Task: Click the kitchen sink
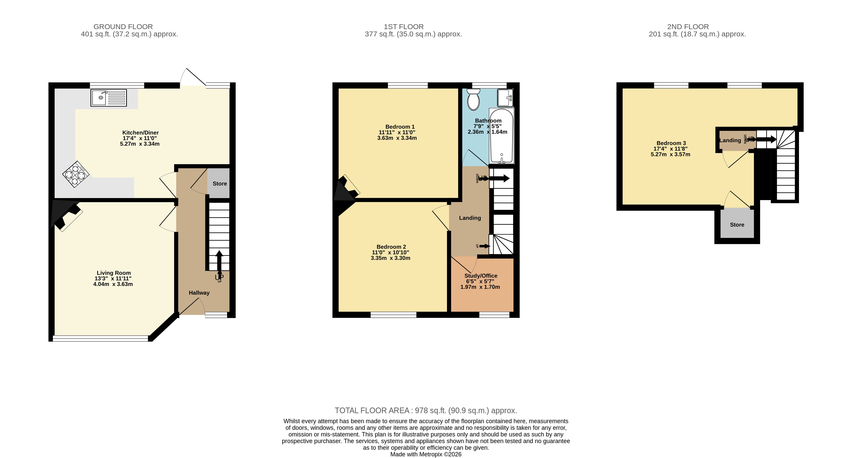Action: (109, 98)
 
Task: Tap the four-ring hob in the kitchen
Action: (76, 174)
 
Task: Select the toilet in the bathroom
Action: (473, 99)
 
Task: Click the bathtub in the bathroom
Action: (502, 136)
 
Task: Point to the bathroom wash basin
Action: (505, 98)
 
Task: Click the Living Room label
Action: (113, 273)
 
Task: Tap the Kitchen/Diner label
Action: (141, 132)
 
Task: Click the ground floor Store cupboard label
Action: (220, 184)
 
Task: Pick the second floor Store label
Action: (737, 225)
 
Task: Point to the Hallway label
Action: (199, 293)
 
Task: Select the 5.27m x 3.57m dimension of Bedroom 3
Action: (671, 154)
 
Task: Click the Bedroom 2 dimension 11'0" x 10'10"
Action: (390, 252)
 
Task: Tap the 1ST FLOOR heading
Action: (404, 27)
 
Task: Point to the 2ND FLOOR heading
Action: (688, 27)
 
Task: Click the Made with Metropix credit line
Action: (426, 454)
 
